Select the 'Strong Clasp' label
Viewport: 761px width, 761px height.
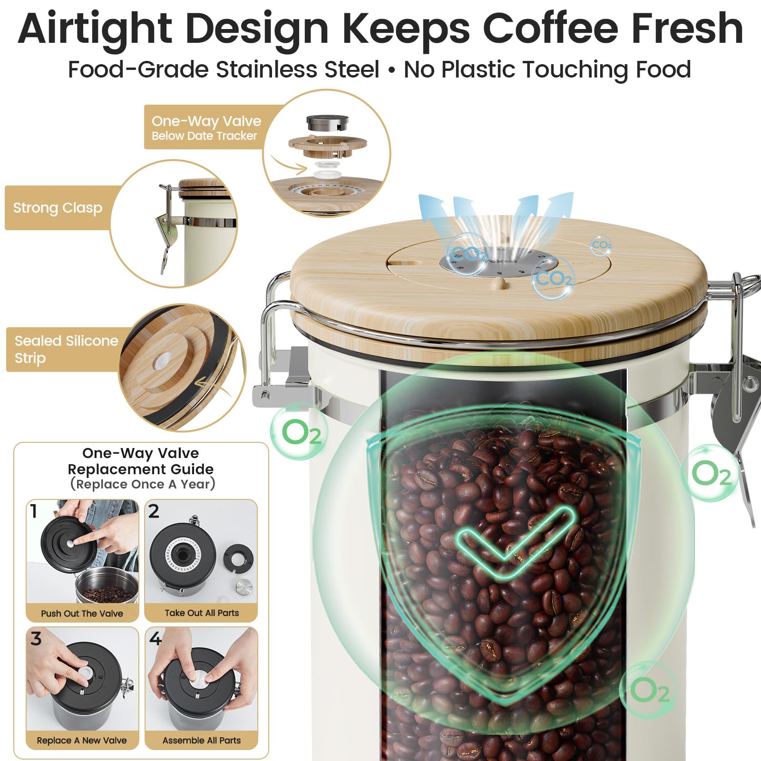pos(58,208)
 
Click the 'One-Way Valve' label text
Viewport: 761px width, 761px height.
pos(206,121)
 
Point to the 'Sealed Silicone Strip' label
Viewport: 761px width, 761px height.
pos(66,349)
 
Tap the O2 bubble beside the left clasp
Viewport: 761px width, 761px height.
pos(299,431)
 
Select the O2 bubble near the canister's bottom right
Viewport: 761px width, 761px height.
pos(648,690)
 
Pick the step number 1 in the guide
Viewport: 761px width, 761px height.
pos(33,511)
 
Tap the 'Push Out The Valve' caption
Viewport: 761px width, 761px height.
pos(82,614)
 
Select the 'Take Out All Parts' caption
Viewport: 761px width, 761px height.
pos(202,613)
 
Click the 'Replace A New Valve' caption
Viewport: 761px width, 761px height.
pos(82,741)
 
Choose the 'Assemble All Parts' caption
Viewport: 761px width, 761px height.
pos(202,741)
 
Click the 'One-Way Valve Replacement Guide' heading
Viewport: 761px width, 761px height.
pos(141,461)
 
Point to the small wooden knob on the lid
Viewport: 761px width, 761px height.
pos(498,283)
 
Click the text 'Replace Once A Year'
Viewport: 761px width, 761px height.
pos(143,484)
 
